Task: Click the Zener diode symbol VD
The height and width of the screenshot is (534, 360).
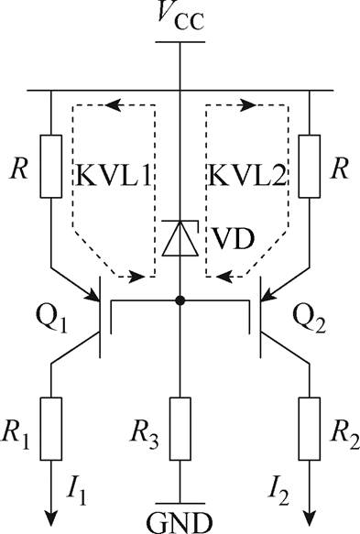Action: [x=180, y=238]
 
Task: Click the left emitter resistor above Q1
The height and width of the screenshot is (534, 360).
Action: [x=52, y=167]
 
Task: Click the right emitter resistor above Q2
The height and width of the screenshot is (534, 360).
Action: [x=309, y=167]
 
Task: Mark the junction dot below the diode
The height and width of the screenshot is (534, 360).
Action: [x=180, y=300]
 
